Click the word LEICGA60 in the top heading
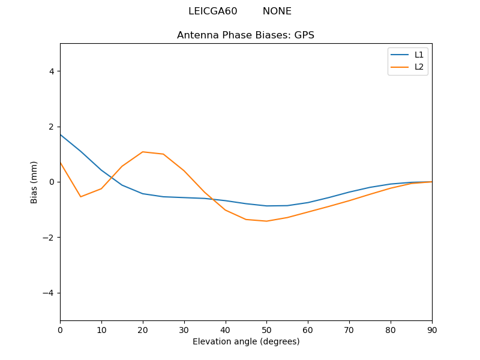212,11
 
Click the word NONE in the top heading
277,11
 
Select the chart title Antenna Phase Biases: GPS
245,35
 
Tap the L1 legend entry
419,55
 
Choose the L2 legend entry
419,67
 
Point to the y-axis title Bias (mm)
34,182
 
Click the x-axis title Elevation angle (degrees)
246,341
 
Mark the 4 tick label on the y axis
51,71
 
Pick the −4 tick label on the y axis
48,293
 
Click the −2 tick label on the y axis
48,238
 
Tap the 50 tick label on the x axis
266,329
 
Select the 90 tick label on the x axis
432,329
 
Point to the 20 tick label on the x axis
143,329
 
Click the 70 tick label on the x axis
349,329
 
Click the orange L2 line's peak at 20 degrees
143,152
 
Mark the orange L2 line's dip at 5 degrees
80,197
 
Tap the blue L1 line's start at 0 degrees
60,134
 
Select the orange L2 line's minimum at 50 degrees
266,221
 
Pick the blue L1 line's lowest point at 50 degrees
266,206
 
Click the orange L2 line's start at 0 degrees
60,162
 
